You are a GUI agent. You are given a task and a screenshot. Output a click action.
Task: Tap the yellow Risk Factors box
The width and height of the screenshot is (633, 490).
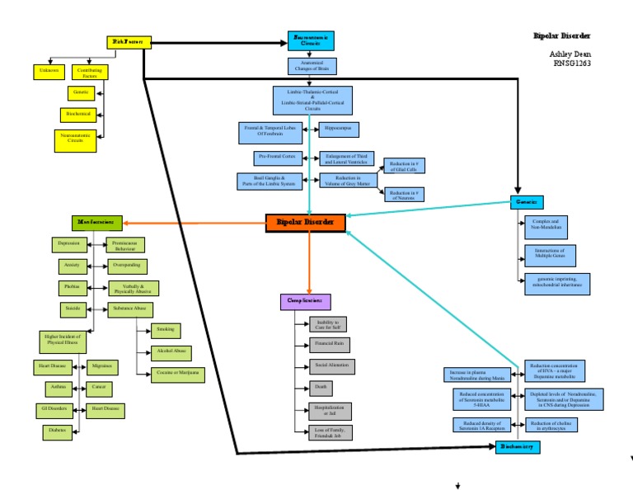[x=128, y=41]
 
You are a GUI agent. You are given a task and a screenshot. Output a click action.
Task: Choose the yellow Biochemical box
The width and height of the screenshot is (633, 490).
[x=80, y=114]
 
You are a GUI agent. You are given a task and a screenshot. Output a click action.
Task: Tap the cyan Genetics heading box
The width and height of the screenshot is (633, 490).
[x=526, y=201]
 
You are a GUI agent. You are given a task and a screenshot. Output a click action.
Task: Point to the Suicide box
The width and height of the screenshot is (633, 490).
[x=71, y=309]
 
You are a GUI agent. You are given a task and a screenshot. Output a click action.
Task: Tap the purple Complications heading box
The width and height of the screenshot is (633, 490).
[x=305, y=302]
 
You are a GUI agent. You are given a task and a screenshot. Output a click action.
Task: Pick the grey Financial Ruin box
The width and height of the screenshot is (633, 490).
[x=331, y=343]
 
